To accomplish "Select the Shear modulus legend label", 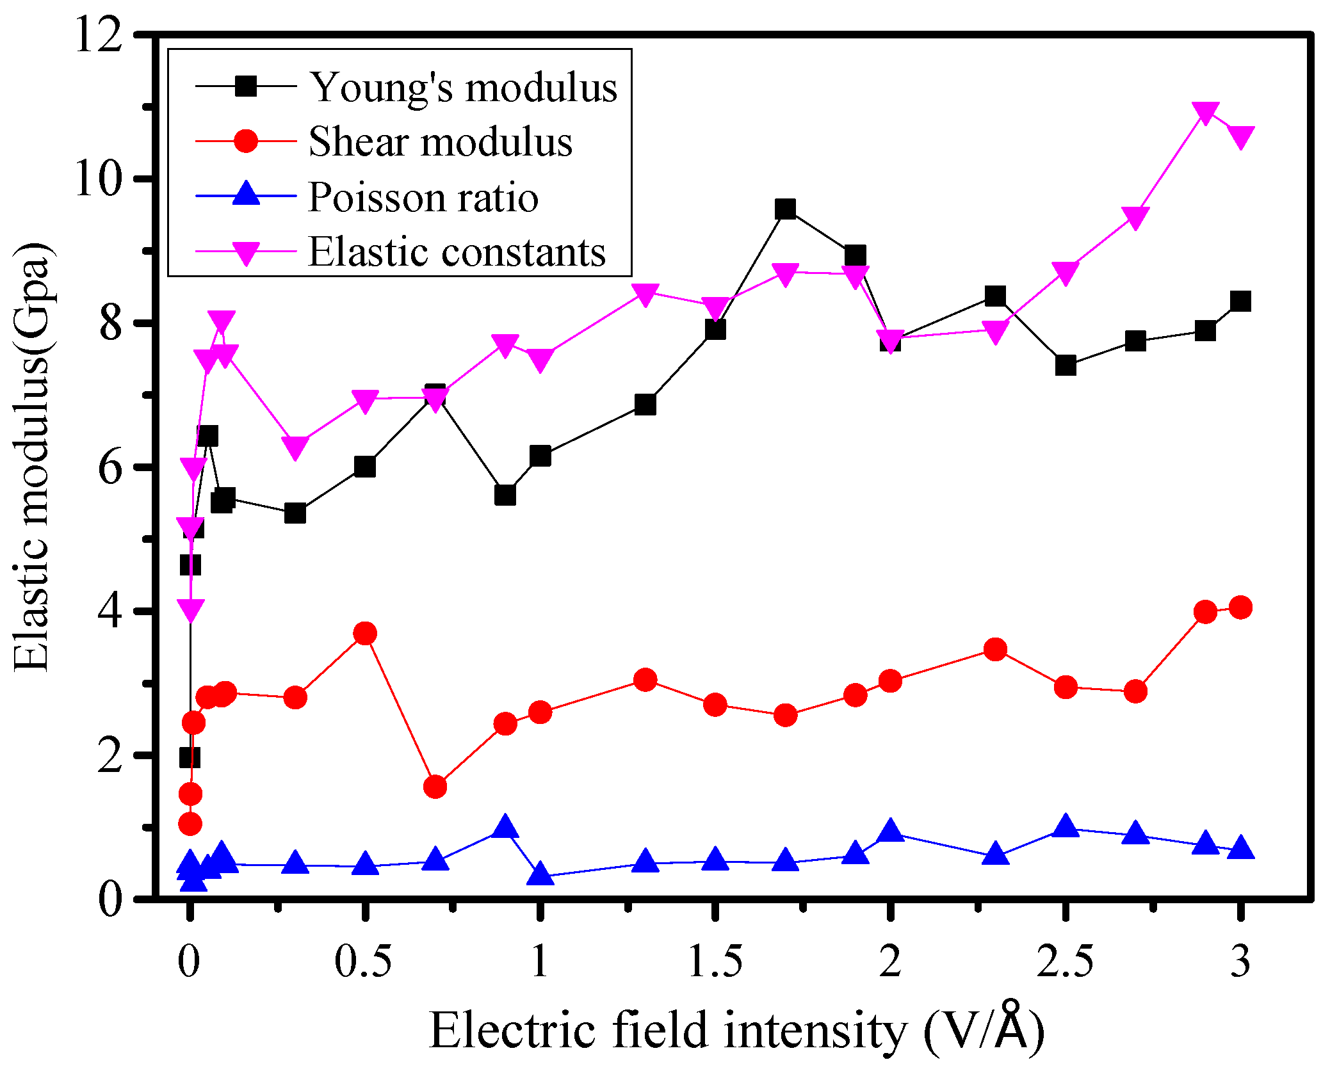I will [440, 141].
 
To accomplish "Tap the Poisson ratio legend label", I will [423, 197].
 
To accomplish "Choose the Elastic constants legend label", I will [457, 252].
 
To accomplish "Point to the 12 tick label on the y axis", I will [98, 35].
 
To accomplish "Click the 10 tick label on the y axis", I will [98, 179].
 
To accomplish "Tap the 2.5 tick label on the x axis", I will [1065, 961].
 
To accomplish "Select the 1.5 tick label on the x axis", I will [715, 961].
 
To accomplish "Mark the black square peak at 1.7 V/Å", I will [785, 209].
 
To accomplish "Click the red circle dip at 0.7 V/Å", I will [435, 786].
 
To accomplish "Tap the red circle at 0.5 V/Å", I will [365, 634].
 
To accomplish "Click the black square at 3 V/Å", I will [1240, 301].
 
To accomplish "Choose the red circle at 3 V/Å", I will [1240, 607].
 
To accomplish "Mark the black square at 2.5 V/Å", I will [1065, 366].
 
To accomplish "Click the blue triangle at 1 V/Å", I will [540, 873].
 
